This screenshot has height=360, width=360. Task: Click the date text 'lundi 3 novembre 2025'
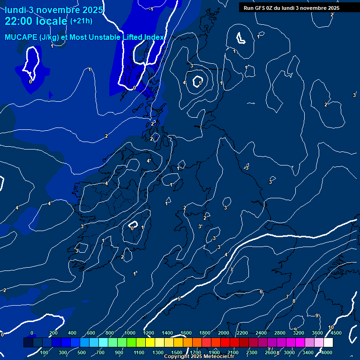[54, 10]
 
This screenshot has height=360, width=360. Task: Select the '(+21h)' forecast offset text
[81, 21]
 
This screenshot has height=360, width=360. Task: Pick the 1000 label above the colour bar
[130, 333]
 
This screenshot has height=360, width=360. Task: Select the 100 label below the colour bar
[45, 352]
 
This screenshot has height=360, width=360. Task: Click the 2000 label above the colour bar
[224, 333]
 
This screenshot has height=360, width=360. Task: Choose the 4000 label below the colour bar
[327, 352]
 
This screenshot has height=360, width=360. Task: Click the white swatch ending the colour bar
[328, 343]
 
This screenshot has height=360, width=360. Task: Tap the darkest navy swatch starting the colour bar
[28, 343]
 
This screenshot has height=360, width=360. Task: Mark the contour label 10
[331, 327]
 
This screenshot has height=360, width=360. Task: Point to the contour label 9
[317, 315]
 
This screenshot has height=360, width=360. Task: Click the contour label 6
[261, 292]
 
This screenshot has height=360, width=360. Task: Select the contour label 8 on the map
[294, 301]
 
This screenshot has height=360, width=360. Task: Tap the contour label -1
[151, 9]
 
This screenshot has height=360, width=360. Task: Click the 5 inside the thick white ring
[200, 83]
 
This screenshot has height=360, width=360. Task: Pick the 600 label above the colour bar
[91, 333]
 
